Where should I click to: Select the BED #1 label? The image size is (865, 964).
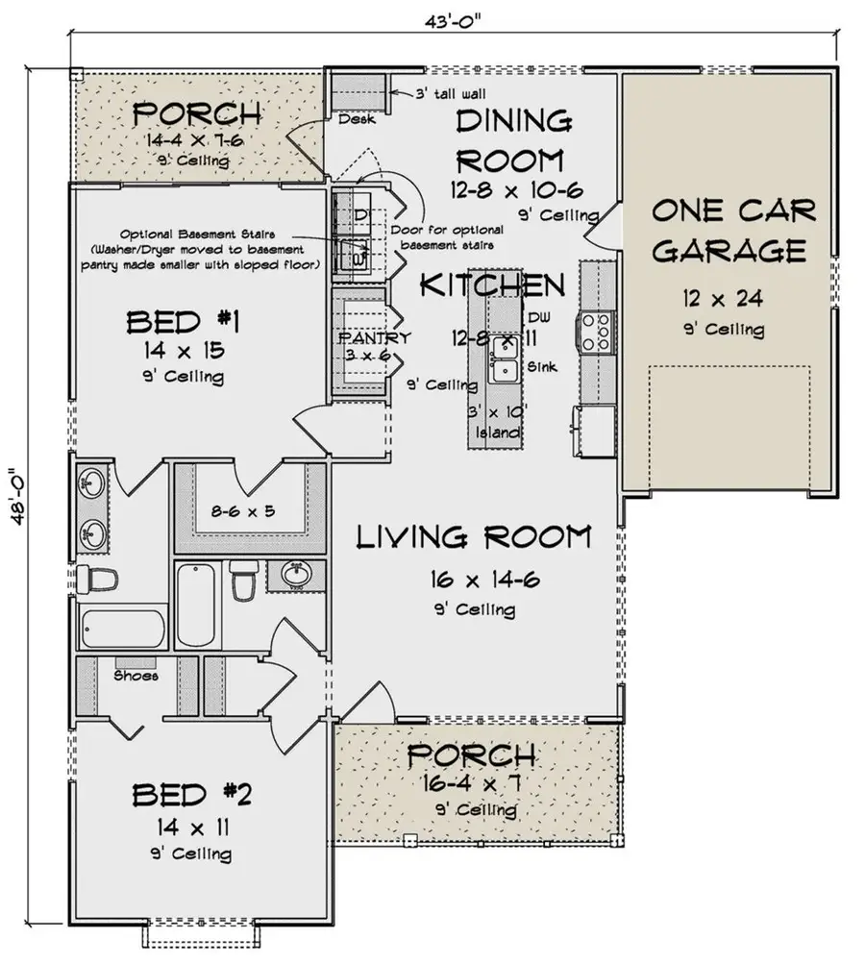pos(180,322)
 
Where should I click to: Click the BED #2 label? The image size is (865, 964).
pos(191,795)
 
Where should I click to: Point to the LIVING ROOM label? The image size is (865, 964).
pos(473,537)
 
